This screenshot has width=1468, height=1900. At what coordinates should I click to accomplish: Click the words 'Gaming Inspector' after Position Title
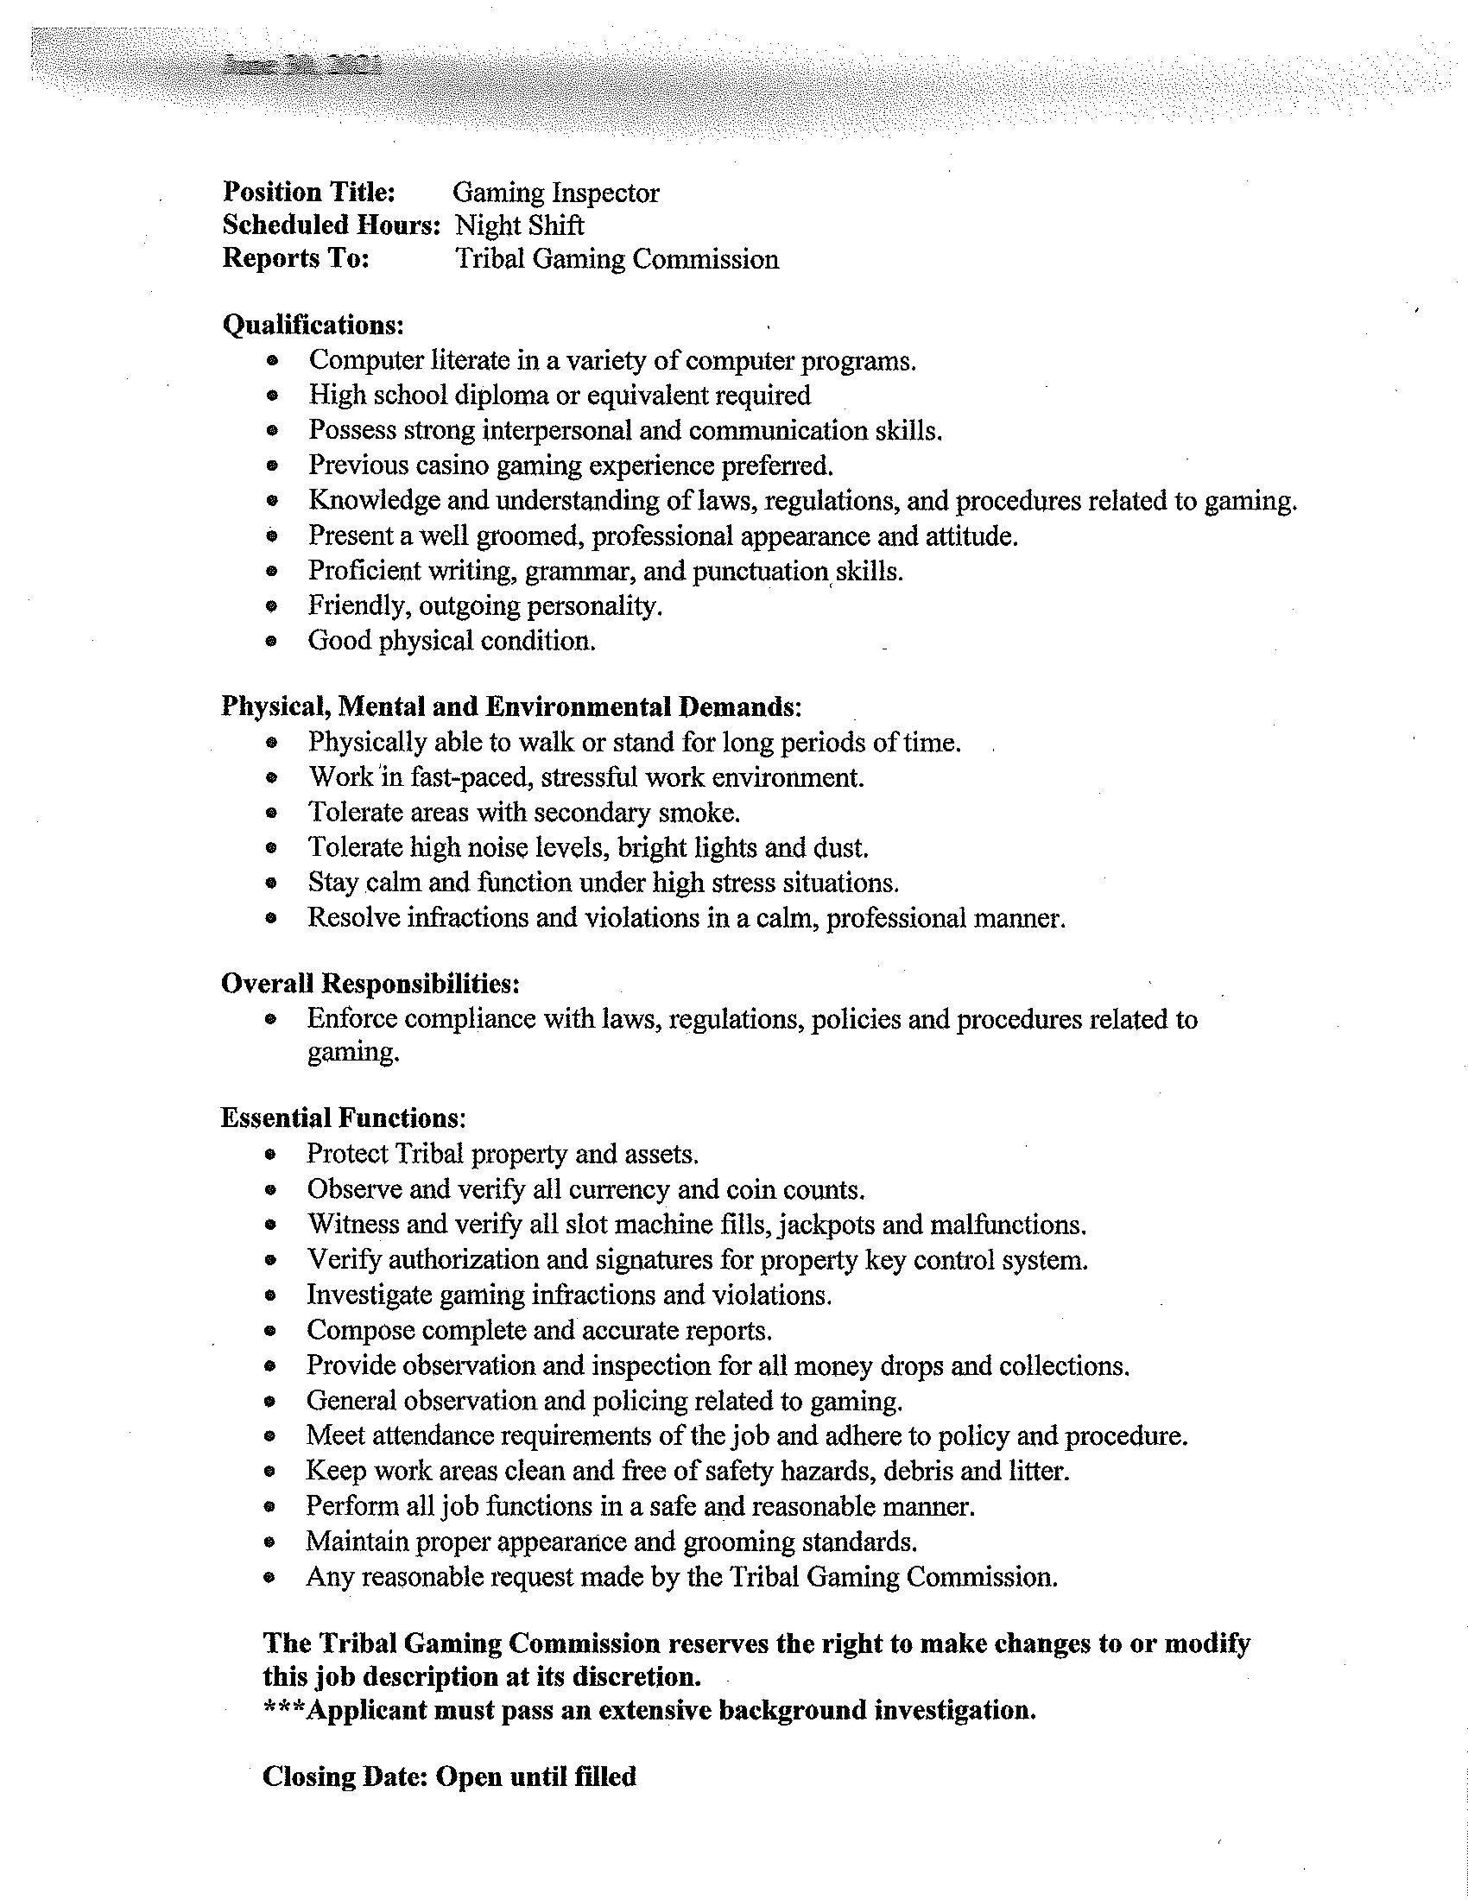556,193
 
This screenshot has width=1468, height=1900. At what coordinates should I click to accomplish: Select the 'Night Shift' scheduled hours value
519,226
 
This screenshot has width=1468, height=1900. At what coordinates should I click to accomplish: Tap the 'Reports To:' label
295,258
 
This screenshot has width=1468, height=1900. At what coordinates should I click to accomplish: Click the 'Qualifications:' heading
313,325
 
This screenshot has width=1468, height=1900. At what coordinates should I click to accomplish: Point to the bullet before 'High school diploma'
273,396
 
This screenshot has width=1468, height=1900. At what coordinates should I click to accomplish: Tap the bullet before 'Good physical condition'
273,642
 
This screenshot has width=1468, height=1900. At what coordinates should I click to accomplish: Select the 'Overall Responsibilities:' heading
370,984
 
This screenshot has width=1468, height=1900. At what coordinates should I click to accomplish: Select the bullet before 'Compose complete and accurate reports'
272,1331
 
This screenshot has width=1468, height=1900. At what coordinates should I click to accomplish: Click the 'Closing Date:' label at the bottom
344,1776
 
